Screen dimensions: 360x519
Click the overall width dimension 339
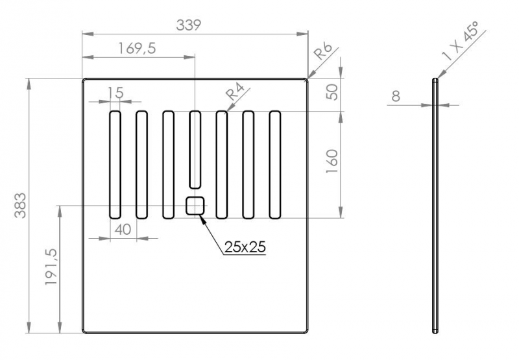189,25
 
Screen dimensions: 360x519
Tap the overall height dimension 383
20,205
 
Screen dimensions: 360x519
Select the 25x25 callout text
246,246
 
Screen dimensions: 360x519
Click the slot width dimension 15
115,93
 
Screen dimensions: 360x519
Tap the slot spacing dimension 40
123,229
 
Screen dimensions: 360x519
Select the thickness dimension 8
396,97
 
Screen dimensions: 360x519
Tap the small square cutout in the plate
195,206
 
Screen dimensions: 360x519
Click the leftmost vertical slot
115,164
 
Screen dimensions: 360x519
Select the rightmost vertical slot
275,164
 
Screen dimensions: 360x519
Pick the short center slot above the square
195,149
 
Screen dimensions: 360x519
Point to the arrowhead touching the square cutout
204,219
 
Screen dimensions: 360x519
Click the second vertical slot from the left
141,164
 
